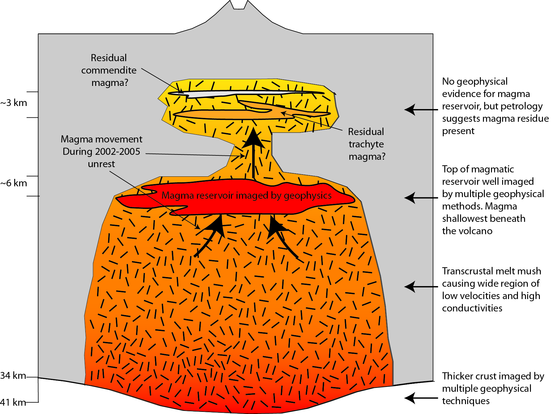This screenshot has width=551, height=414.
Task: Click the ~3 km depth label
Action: coord(14,103)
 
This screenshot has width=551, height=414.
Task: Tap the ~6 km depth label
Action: coord(14,183)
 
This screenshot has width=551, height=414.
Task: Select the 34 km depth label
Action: coord(13,376)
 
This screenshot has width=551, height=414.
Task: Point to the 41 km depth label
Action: coord(13,402)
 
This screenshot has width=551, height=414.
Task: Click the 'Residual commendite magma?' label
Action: coord(109,70)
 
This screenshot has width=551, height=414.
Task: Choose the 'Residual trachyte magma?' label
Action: coord(367,144)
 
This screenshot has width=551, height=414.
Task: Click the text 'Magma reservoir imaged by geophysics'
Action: coord(246,196)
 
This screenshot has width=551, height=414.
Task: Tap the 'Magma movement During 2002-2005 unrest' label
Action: coord(102,151)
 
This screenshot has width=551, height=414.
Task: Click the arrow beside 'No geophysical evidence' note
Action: coord(421,109)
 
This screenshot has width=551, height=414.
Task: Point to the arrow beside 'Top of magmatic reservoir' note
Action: coord(421,198)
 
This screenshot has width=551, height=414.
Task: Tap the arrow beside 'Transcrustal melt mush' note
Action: coord(421,287)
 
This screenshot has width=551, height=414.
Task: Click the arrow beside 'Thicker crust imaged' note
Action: coord(421,398)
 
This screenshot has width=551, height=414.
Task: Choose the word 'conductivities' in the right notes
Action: coord(472,308)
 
